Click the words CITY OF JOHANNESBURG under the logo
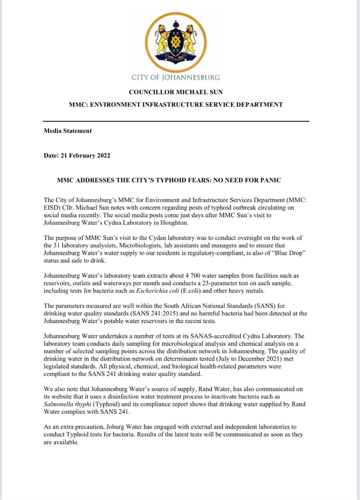pos(176,77)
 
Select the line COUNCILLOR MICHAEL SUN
pos(176,92)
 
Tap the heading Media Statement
pos(68,131)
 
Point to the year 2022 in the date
pos(102,155)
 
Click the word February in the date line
pos(80,155)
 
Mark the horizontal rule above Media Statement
pos(176,121)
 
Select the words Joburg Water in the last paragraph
pos(126,427)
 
